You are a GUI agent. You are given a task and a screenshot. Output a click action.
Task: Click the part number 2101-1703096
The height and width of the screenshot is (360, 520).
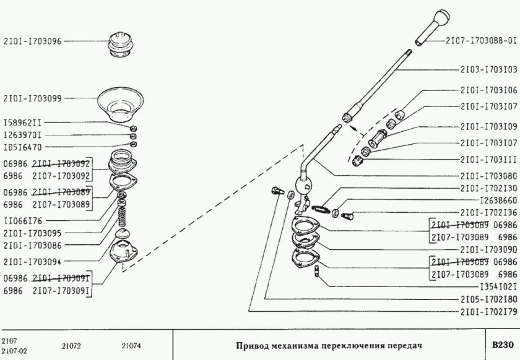click(x=32, y=43)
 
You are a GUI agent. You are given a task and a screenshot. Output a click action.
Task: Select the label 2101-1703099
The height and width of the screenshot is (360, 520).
click(x=32, y=98)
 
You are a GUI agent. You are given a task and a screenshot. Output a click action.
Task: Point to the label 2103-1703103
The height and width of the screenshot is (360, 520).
click(x=488, y=70)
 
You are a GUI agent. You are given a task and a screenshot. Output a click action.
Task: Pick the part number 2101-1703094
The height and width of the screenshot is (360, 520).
click(x=32, y=261)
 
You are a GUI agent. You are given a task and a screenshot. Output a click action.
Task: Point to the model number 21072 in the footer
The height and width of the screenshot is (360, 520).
click(x=72, y=344)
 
